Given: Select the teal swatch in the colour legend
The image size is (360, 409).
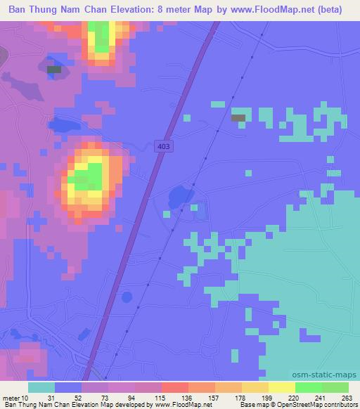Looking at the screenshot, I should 41,387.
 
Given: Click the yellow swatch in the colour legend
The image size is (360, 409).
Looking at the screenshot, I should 281,387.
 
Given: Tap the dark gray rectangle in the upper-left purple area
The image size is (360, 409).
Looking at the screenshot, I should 54,69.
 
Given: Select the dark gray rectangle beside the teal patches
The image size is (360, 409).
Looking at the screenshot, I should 239,117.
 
